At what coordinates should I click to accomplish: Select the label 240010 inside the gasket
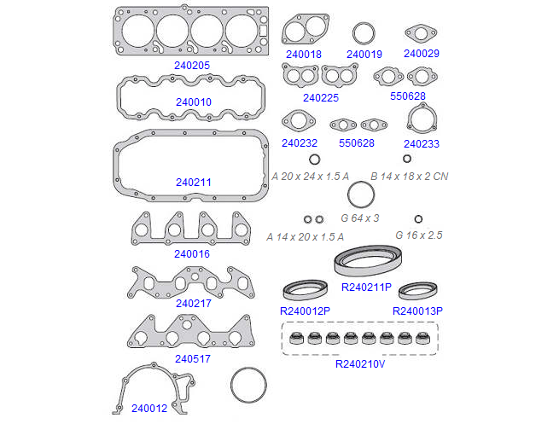(x=194, y=102)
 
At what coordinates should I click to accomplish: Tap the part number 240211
(x=194, y=183)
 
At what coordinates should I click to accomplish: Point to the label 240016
(x=192, y=253)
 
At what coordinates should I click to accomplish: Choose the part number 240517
(x=194, y=359)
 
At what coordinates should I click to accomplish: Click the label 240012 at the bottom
(x=149, y=408)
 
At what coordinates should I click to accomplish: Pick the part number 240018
(x=304, y=54)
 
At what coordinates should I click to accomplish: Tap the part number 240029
(x=422, y=54)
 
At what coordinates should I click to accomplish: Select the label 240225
(x=320, y=97)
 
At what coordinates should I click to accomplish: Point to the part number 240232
(x=300, y=143)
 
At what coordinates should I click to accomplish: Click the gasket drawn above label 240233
(x=422, y=119)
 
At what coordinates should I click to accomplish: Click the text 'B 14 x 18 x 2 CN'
(x=410, y=177)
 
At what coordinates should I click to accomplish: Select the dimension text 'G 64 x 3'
(x=360, y=218)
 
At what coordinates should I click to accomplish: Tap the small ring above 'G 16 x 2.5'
(x=418, y=218)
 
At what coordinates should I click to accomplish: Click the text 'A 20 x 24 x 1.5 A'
(x=311, y=177)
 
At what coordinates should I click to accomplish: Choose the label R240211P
(x=366, y=288)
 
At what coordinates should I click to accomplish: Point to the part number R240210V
(x=361, y=363)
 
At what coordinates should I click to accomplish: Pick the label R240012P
(x=305, y=311)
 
